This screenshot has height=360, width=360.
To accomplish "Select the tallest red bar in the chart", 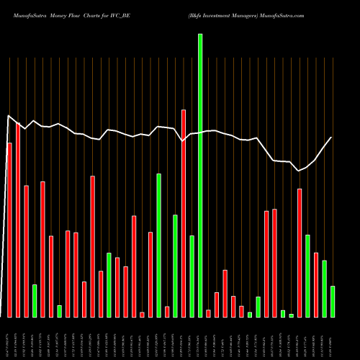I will pyautogui.click(x=184, y=212).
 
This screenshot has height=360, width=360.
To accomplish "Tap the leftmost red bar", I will pyautogui.click(x=9, y=230).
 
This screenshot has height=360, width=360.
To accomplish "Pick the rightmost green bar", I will pyautogui.click(x=333, y=301).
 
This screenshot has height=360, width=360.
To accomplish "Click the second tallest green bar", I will pyautogui.click(x=159, y=245).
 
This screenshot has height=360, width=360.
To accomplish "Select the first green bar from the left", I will pyautogui.click(x=35, y=300).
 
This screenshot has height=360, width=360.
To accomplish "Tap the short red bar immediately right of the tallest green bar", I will pyautogui.click(x=209, y=313).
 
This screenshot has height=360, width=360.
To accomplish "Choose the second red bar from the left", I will pyautogui.click(x=18, y=220).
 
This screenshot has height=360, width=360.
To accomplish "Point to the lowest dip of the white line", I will pyautogui.click(x=300, y=171).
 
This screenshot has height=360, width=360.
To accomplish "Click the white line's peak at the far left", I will pyautogui.click(x=9, y=116).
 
